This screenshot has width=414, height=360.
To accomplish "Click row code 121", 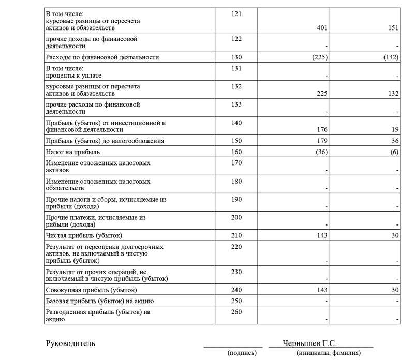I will coord(236,12).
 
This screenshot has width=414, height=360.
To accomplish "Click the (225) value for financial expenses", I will coord(315,57).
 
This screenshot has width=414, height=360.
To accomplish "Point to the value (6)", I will coord(393,153).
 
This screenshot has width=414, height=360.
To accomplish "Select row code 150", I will coord(236,141).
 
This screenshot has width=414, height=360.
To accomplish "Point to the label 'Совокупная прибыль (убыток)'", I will coord(84,290).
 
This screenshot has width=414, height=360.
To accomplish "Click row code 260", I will coord(236,312).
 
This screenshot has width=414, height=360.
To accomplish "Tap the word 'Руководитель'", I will coord(70,343).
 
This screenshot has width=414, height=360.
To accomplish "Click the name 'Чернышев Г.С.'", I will coord(310,343).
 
